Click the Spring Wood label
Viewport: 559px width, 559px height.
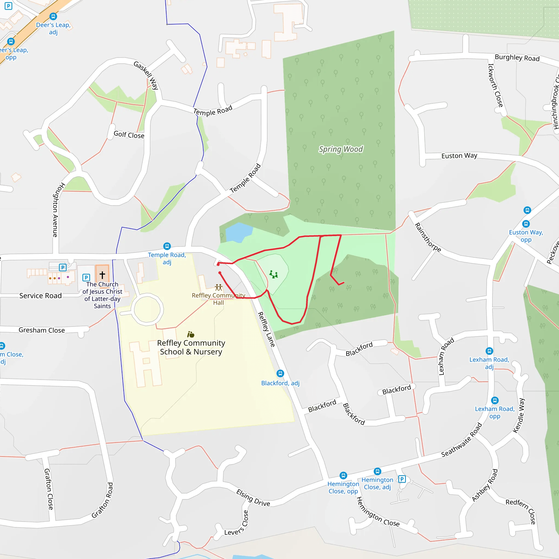[341, 149]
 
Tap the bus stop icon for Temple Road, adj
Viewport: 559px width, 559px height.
[167, 246]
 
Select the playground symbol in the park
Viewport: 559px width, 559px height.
[273, 274]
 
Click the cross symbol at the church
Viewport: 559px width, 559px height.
[102, 275]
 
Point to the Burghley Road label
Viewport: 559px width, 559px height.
[517, 58]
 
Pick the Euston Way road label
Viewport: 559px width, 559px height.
[459, 156]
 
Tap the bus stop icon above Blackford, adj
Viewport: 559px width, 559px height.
[280, 373]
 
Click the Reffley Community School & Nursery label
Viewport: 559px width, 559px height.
[191, 347]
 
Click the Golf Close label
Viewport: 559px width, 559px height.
[129, 135]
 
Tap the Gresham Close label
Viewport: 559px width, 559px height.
[42, 330]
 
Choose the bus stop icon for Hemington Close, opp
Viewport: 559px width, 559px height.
[343, 475]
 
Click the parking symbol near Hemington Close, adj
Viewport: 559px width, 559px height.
[402, 479]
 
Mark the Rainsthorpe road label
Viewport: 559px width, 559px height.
[428, 237]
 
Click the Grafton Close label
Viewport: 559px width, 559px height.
[49, 489]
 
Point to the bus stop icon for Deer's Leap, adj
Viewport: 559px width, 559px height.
[53, 16]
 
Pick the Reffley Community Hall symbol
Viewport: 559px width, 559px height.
[218, 287]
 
